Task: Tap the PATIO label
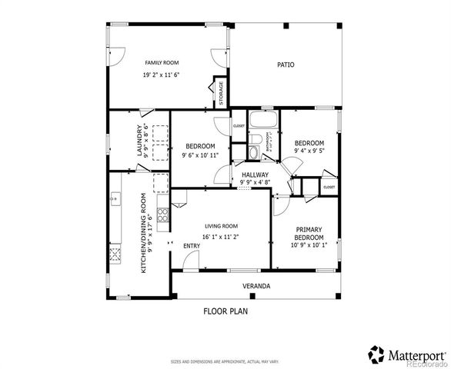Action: (286, 65)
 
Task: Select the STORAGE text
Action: (222, 92)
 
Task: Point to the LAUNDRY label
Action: (140, 140)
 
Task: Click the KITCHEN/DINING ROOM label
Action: (145, 232)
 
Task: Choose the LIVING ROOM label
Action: (220, 226)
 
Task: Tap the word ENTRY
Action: (192, 246)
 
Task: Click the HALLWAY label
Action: (255, 175)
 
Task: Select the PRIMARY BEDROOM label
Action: (309, 233)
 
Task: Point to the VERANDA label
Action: (256, 286)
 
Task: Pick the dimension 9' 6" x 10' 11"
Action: (200, 155)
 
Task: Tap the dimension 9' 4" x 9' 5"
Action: (309, 151)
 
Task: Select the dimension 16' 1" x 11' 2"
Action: (220, 237)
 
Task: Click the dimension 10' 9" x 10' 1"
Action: (309, 246)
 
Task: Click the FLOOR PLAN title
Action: (225, 311)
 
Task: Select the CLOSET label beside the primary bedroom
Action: (329, 187)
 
